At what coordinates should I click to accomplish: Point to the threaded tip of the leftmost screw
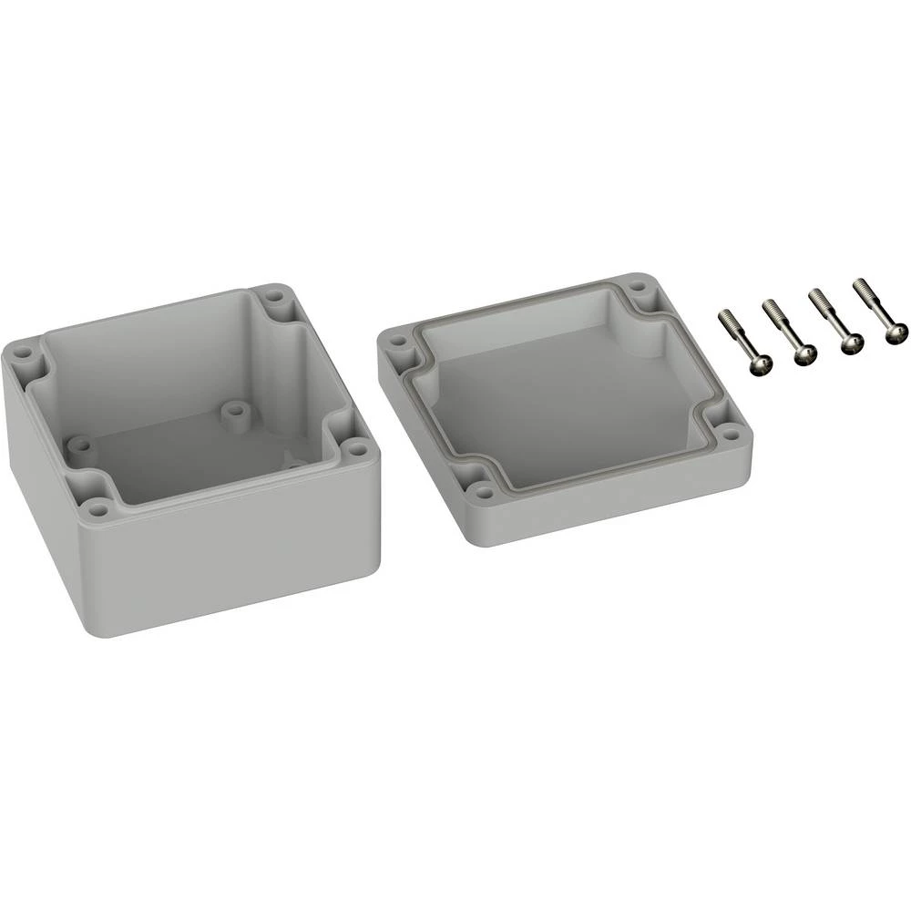click(724, 316)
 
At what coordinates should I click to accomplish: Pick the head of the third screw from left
click(852, 343)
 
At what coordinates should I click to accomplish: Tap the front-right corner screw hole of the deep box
click(357, 449)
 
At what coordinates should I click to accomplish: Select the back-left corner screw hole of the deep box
click(23, 352)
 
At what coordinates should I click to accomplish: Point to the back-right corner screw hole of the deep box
click(275, 296)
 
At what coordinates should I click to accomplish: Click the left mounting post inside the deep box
click(80, 447)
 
